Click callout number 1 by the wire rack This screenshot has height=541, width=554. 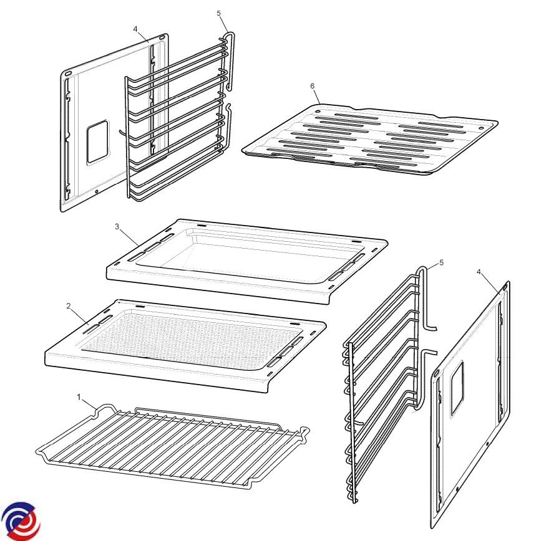[79, 398]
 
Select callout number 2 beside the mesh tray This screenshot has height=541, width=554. [69, 306]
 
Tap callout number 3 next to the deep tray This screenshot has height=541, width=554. [117, 227]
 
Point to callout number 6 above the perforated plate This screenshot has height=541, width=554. [313, 86]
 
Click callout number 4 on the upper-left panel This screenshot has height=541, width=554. [135, 29]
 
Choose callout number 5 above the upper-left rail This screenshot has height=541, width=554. [219, 14]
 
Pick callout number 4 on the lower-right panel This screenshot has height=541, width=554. [479, 272]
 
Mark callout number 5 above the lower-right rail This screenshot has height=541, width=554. [441, 262]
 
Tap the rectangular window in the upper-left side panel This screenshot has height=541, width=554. [98, 141]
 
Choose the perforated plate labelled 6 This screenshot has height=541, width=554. [370, 138]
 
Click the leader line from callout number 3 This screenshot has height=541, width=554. [129, 237]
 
